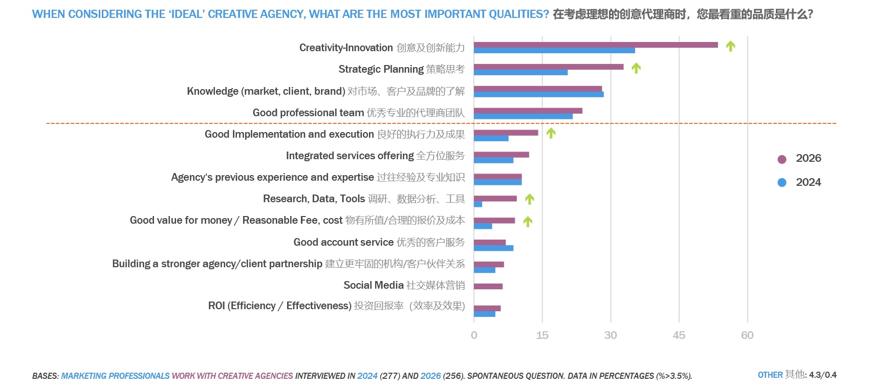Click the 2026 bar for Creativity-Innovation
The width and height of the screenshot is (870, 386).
pos(596,45)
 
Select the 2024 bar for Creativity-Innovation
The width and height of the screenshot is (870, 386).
pos(554,51)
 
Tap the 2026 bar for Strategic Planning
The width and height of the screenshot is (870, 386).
pos(549,67)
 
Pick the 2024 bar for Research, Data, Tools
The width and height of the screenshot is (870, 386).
pos(478,204)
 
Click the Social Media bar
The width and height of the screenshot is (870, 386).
pos(488,286)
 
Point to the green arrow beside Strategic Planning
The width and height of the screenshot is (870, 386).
pos(636,68)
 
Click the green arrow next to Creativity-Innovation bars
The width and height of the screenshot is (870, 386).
pos(731,46)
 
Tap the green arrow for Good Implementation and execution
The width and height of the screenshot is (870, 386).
pos(551,133)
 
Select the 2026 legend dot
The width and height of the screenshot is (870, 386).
pos(782,159)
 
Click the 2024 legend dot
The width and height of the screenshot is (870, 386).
pos(782,182)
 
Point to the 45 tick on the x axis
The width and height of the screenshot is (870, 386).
pos(679,335)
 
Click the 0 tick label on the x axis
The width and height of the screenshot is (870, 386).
pos(474,335)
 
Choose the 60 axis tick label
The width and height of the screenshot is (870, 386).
pos(747,335)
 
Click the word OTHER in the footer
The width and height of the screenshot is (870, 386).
pos(770,375)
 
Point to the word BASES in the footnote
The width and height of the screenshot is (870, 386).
pos(45,376)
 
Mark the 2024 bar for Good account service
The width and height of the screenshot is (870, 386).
pos(493,248)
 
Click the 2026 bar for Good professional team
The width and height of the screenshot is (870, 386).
pos(528,111)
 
